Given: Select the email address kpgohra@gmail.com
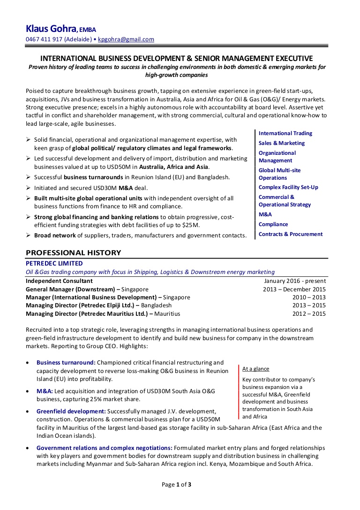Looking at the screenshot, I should (x=126, y=39).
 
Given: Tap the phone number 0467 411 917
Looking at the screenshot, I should (x=44, y=39).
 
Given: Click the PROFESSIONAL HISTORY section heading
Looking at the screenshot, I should (x=73, y=252).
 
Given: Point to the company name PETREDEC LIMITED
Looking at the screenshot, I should (x=54, y=264).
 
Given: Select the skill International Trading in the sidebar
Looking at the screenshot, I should (x=285, y=133).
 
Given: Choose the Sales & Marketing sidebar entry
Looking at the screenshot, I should (x=281, y=143).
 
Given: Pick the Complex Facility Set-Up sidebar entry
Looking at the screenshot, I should (x=288, y=187).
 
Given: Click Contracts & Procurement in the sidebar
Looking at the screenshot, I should (x=290, y=234).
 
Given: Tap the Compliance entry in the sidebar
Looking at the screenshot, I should (x=273, y=224).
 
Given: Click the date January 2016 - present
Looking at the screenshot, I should (x=295, y=281).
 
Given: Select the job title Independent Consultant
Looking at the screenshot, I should (x=59, y=281).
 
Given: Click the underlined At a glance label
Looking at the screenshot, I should (x=255, y=369).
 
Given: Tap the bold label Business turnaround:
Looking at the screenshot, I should (x=66, y=363).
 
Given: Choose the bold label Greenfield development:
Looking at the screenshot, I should (x=71, y=411).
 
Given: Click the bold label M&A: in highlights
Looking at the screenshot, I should (x=45, y=391).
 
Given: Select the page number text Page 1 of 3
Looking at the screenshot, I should (x=177, y=485).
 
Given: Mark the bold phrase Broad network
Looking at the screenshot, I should (x=55, y=236).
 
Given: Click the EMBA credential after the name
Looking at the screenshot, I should (x=88, y=30).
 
